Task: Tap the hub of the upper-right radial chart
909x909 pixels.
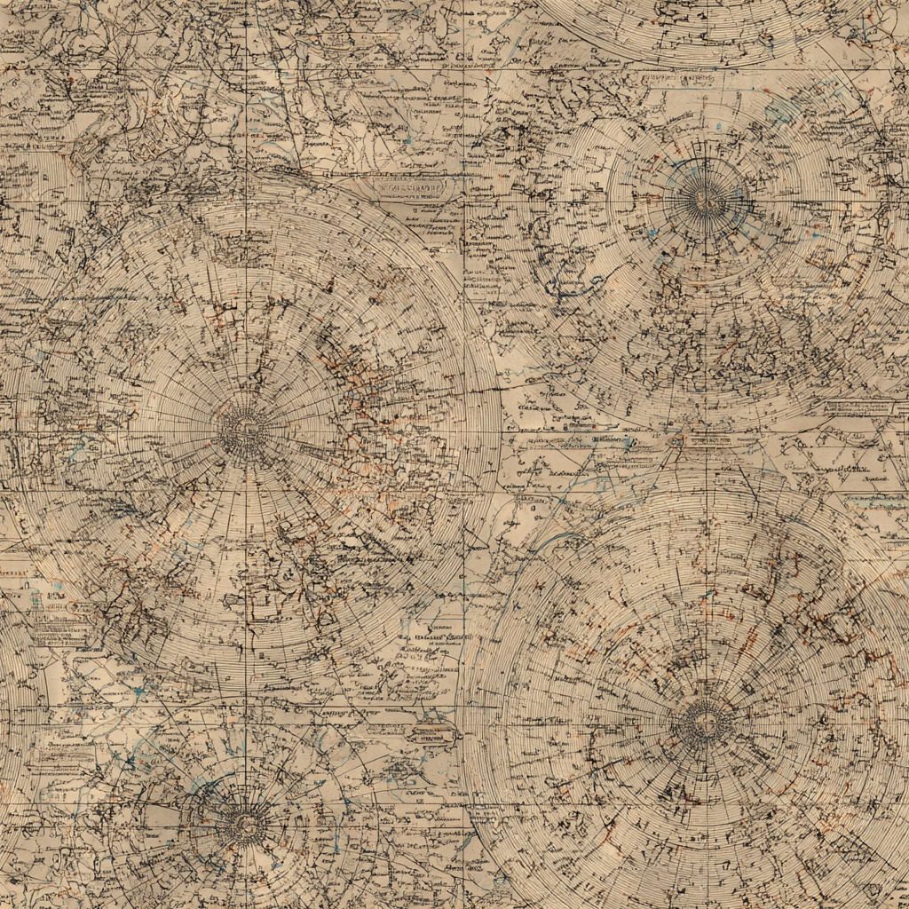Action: [706, 197]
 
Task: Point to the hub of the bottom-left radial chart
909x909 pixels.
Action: [241, 825]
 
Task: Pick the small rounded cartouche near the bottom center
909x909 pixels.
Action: [431, 734]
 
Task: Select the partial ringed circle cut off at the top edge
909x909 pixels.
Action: [701, 27]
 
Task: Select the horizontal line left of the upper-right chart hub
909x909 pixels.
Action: [604, 202]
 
